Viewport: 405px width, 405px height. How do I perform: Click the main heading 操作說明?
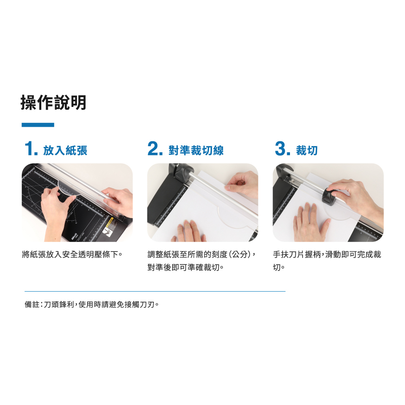pyautogui.click(x=53, y=103)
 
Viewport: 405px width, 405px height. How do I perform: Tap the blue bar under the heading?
pyautogui.click(x=38, y=125)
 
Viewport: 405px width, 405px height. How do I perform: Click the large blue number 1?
pyautogui.click(x=29, y=149)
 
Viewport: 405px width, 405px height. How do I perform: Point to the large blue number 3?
pyautogui.click(x=280, y=149)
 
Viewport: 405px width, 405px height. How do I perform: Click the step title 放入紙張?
pyautogui.click(x=65, y=150)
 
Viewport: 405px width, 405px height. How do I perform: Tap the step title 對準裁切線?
pyautogui.click(x=196, y=150)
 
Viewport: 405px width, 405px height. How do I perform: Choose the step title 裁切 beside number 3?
pyautogui.click(x=307, y=150)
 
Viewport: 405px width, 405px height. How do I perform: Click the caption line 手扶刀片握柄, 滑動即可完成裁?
pyautogui.click(x=327, y=254)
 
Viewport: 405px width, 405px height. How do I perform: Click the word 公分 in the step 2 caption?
pyautogui.click(x=240, y=254)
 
